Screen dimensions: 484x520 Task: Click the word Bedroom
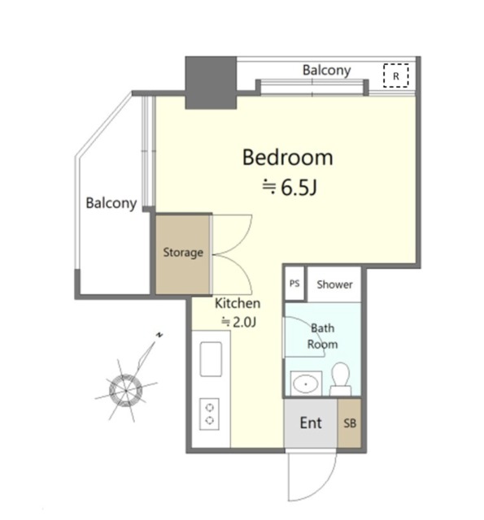[287, 158]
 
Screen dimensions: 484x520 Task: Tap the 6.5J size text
[299, 188]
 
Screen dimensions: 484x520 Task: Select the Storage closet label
[183, 253]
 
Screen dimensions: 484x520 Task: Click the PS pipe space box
[294, 284]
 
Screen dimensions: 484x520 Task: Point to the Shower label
[334, 284]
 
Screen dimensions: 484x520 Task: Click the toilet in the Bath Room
[341, 379]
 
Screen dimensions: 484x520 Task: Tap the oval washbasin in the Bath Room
[305, 384]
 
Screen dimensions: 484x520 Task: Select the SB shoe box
[350, 423]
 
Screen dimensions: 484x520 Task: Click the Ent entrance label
[311, 423]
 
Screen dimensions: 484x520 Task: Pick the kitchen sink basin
[211, 359]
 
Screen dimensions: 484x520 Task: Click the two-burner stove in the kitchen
[210, 414]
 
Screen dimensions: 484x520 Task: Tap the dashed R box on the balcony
[396, 76]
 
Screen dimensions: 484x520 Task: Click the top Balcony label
[327, 71]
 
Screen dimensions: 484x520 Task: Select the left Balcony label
[111, 203]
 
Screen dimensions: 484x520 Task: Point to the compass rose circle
[125, 391]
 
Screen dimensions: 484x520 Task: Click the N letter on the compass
[159, 336]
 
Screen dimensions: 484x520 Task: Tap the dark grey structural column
[211, 83]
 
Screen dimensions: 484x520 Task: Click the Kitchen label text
[238, 303]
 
